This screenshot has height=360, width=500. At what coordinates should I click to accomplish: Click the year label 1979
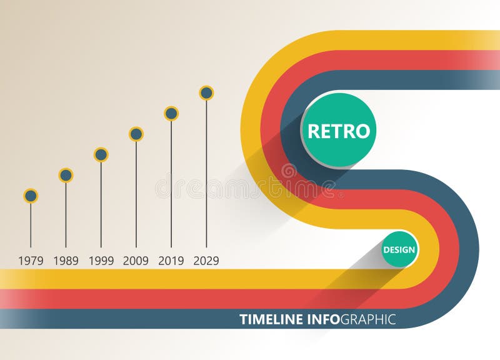[31, 261]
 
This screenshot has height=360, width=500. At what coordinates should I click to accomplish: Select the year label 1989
[66, 261]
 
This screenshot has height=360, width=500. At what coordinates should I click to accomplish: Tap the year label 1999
[101, 261]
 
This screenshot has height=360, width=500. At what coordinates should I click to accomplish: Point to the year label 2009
[136, 261]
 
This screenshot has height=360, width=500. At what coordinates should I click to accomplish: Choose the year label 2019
[171, 261]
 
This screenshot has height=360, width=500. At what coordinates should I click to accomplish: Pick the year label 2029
[206, 261]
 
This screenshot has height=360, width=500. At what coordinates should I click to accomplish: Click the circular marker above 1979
[31, 196]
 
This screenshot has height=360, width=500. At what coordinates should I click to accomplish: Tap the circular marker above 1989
[66, 175]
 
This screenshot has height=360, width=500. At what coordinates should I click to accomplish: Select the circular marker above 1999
[101, 154]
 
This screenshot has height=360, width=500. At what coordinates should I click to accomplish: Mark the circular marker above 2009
[136, 134]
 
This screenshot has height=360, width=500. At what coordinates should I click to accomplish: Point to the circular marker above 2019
[171, 113]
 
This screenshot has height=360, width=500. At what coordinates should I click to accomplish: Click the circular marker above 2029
[206, 93]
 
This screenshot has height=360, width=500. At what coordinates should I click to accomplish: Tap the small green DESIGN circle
[399, 249]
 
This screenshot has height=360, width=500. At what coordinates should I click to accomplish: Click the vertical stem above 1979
[31, 225]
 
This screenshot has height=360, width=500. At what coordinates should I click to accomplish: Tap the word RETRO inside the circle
[339, 131]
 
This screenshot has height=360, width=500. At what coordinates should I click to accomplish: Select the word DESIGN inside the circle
[399, 250]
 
